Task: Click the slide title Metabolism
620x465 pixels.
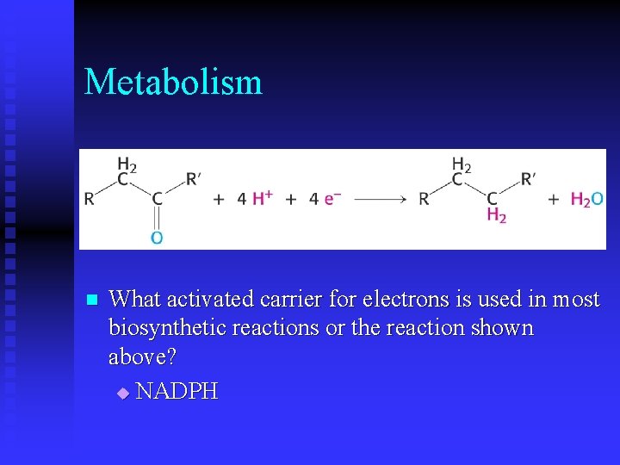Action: [x=173, y=83]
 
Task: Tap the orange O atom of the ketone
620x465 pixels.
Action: [x=157, y=237]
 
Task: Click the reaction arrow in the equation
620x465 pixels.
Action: [x=380, y=199]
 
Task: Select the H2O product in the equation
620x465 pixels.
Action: [x=586, y=199]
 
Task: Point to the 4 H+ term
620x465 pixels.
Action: [x=255, y=198]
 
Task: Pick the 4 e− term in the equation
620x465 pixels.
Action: [x=325, y=199]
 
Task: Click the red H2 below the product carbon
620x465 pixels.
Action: [x=496, y=215]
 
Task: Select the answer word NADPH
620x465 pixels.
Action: [x=177, y=392]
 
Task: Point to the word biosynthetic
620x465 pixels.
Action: [x=162, y=329]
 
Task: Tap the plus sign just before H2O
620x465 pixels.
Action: [x=554, y=199]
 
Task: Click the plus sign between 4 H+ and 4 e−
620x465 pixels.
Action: [x=291, y=199]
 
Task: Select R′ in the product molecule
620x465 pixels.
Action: [x=528, y=179]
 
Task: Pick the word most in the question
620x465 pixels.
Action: [x=575, y=300]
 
